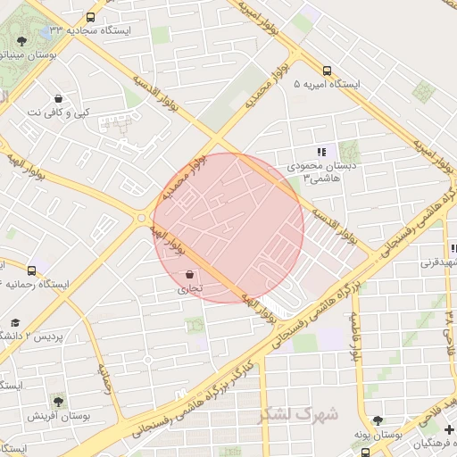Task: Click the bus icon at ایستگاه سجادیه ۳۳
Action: [90, 17]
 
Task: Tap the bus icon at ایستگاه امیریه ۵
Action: [328, 71]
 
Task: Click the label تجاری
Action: [189, 289]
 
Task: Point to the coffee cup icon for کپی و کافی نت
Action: [59, 99]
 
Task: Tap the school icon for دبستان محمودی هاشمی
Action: [320, 153]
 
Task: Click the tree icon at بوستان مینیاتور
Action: [21, 40]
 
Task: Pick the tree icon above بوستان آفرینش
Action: [59, 402]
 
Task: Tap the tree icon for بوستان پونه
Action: [378, 420]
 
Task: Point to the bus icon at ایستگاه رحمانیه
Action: [33, 270]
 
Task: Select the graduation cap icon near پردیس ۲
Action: [14, 322]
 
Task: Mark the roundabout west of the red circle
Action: [143, 217]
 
